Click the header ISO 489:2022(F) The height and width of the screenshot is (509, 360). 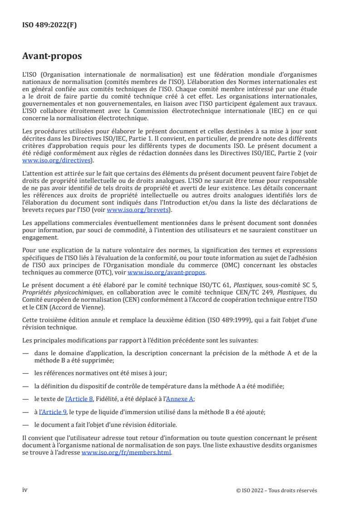click(49, 25)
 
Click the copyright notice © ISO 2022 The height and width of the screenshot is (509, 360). click(276, 490)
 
